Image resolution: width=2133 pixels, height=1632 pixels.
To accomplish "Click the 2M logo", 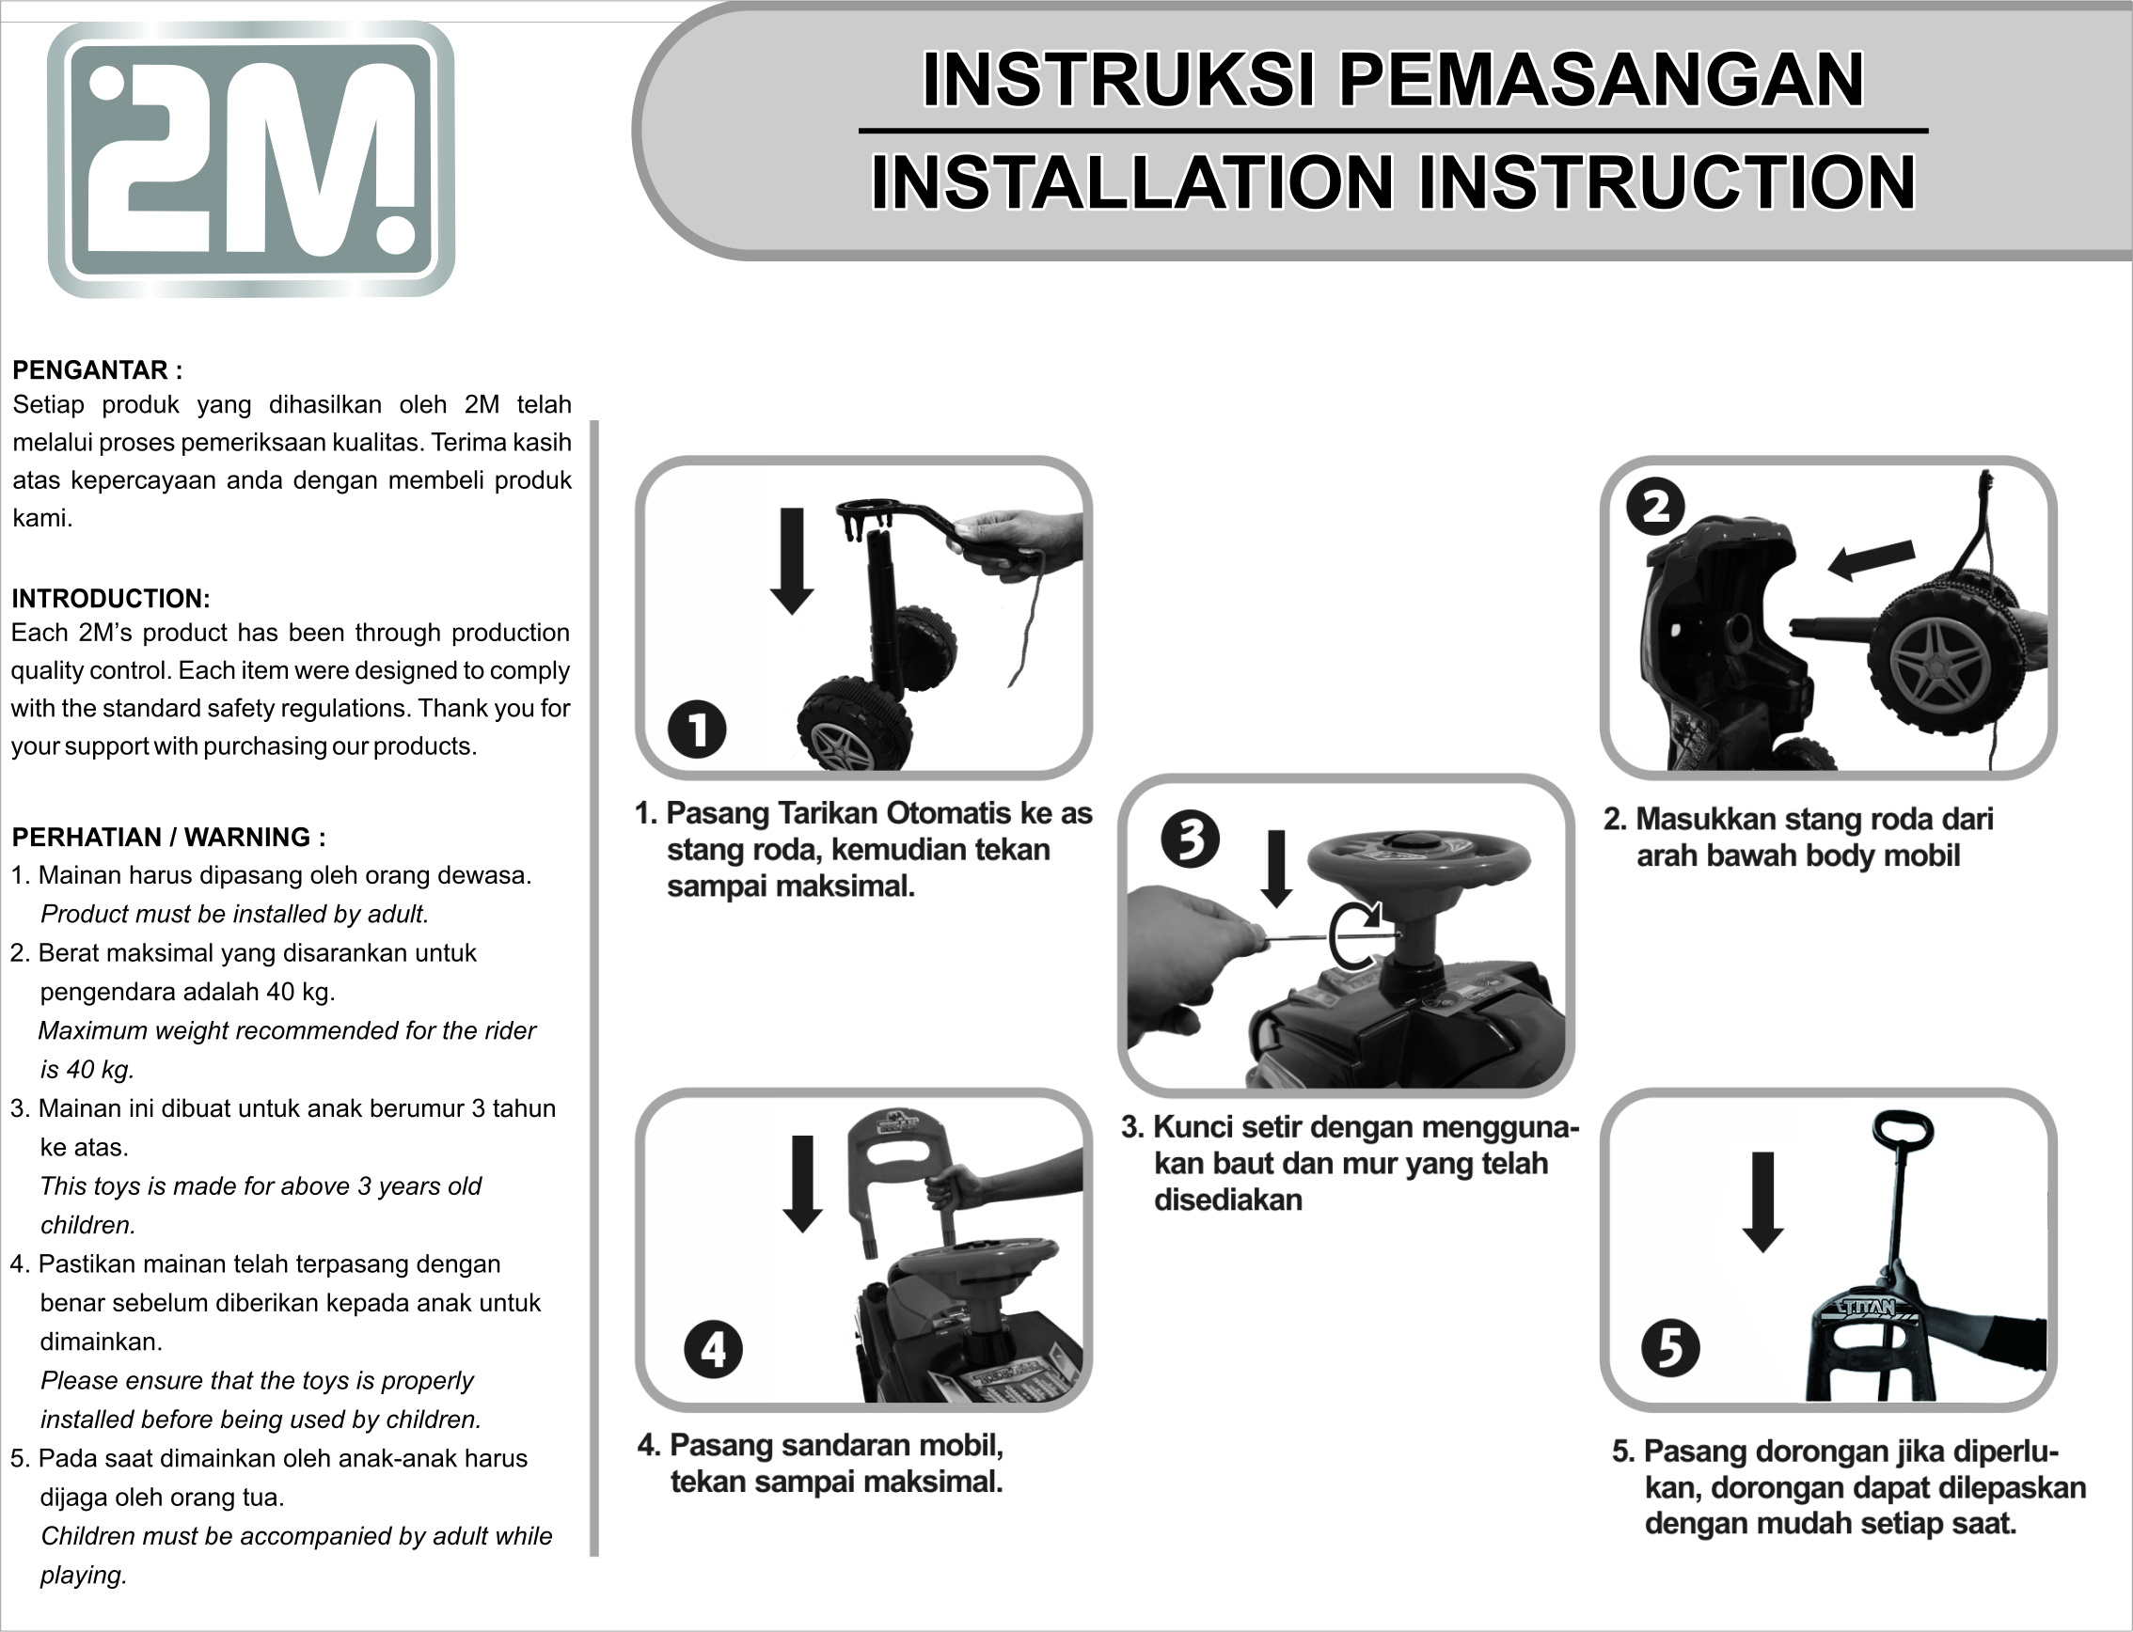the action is coord(251,159).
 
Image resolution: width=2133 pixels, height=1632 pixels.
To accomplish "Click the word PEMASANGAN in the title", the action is coord(1602,80).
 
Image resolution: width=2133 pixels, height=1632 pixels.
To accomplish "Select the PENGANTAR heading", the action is coord(97,370).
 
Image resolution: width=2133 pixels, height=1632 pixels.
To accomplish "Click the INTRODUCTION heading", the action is coord(111,599).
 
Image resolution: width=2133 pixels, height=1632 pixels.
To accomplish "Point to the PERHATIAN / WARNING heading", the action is coord(169,838).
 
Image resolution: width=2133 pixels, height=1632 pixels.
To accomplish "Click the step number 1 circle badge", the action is coord(697,730).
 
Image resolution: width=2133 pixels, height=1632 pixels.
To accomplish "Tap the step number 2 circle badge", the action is coord(1656,506).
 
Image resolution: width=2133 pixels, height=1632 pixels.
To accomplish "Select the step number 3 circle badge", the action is coord(1191,840).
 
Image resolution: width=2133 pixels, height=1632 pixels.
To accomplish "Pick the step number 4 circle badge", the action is coord(713,1349).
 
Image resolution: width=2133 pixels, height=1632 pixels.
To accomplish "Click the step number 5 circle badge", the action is coord(1670,1348).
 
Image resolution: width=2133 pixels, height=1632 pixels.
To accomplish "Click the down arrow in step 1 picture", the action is coord(792,561).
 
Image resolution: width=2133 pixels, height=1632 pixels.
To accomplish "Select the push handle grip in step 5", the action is coord(1903,1131).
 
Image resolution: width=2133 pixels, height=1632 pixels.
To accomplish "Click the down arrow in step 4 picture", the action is coord(801,1185).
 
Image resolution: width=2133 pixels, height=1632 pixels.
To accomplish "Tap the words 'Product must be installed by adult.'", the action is coord(234,914).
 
